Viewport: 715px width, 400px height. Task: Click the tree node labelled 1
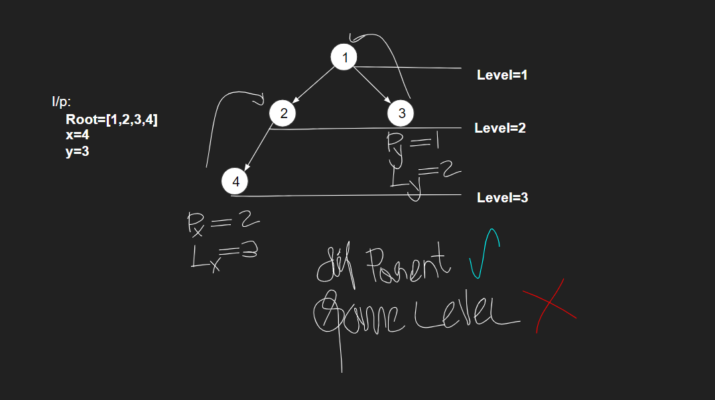344,58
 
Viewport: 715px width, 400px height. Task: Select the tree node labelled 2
283,113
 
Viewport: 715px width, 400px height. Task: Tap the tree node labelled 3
401,113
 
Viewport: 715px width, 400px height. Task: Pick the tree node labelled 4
235,180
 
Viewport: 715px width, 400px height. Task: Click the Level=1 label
502,75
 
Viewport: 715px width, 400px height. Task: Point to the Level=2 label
500,128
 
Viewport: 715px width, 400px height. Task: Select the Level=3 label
502,197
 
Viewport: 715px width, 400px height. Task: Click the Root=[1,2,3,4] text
111,120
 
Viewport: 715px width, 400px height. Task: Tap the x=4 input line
78,135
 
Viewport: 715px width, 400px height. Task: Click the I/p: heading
62,102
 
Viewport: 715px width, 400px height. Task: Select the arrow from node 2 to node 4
258,149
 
